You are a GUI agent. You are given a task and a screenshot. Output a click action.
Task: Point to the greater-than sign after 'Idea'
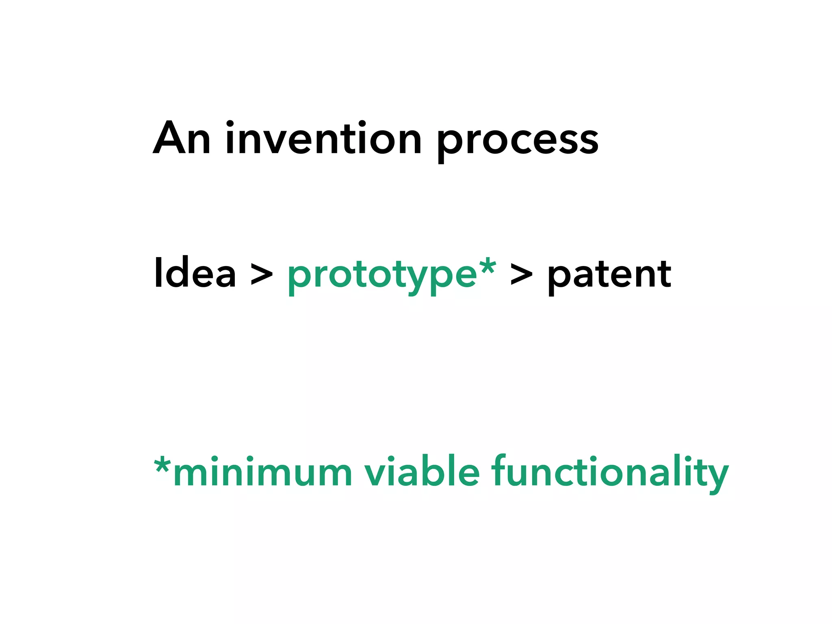pyautogui.click(x=261, y=275)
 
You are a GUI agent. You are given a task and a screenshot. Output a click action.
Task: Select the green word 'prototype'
pyautogui.click(x=382, y=276)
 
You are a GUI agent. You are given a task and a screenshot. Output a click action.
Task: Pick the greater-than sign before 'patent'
pyautogui.click(x=521, y=275)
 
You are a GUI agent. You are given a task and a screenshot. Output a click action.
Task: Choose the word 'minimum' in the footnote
pyautogui.click(x=262, y=473)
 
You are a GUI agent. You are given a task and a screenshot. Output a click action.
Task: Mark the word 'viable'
pyautogui.click(x=422, y=471)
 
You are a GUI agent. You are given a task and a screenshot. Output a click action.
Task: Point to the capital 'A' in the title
pyautogui.click(x=170, y=138)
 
